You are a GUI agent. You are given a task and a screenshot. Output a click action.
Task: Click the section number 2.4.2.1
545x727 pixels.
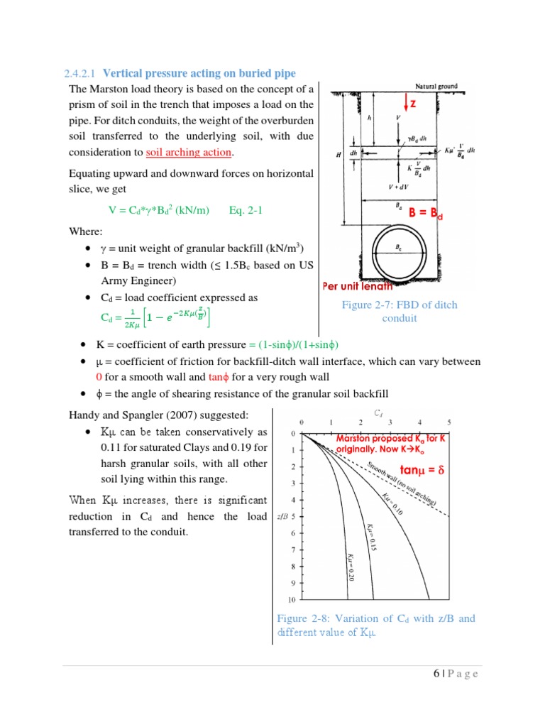tap(80, 73)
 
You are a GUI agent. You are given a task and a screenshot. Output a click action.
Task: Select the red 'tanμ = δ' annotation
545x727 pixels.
tap(422, 470)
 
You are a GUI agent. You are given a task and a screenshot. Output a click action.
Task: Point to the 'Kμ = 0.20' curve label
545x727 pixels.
tap(349, 567)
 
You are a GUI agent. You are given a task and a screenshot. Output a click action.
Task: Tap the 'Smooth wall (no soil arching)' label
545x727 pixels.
tap(402, 483)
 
